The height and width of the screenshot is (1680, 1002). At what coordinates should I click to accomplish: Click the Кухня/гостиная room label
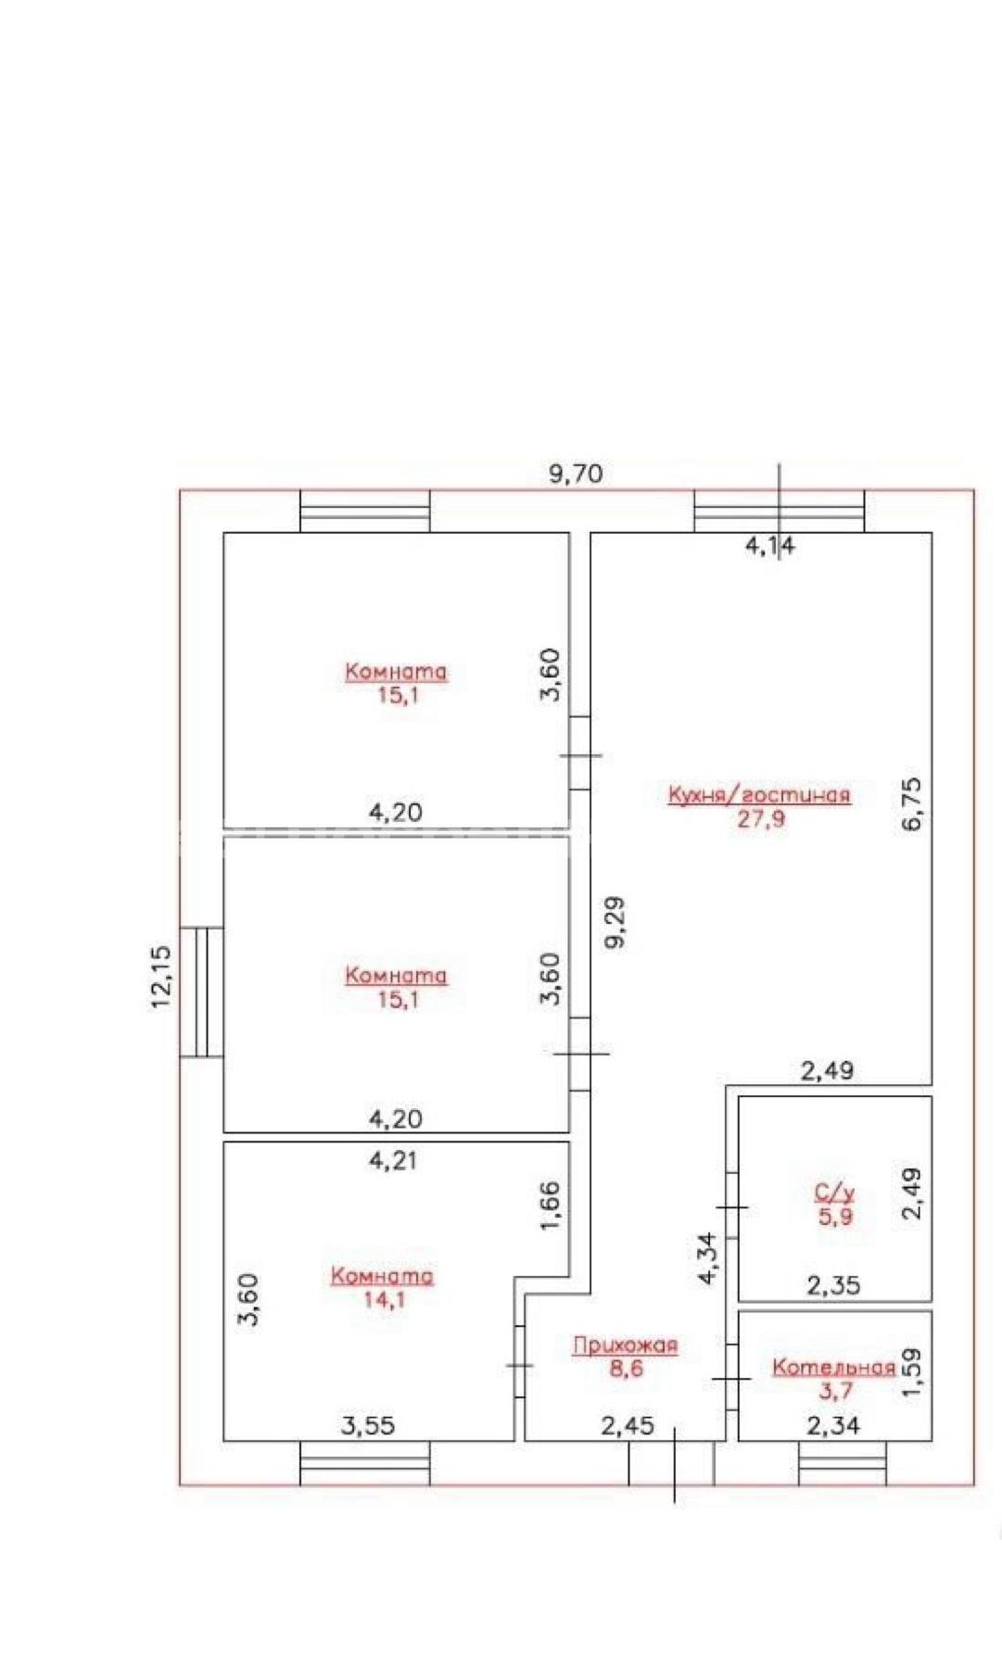pos(759,794)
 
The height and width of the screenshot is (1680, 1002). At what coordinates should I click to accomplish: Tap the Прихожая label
pos(625,1345)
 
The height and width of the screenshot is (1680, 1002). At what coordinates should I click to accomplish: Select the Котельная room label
pos(834,1367)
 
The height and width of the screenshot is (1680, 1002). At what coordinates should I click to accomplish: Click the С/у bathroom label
pos(834,1194)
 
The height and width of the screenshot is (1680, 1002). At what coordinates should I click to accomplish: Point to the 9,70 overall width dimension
pos(576,474)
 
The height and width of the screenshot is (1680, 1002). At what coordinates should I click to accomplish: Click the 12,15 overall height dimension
pos(161,976)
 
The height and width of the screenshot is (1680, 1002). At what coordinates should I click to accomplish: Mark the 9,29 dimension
pos(614,921)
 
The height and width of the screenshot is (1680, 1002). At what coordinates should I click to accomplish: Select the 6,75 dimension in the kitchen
pos(912,803)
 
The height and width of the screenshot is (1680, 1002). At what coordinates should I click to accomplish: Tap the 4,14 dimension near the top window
pos(770,547)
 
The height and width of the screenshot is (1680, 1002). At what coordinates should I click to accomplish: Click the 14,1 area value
pos(383,1299)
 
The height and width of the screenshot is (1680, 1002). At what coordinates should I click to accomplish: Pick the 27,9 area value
pos(760,818)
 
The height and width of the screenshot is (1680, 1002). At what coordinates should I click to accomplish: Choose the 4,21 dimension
pos(393,1159)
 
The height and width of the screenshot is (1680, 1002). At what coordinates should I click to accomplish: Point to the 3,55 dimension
pos(368,1425)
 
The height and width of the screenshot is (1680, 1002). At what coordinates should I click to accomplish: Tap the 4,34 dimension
pos(707,1257)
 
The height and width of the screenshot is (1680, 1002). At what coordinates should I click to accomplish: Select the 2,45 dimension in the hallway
pos(628,1425)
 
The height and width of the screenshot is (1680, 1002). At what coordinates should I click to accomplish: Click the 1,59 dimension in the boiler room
pos(912,1372)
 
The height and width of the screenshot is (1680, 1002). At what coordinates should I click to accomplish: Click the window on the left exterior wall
pos(201,992)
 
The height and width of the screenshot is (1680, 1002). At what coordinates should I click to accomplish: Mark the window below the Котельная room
pos(843,1462)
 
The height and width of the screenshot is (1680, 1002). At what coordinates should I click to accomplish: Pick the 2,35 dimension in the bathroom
pos(833,1285)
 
